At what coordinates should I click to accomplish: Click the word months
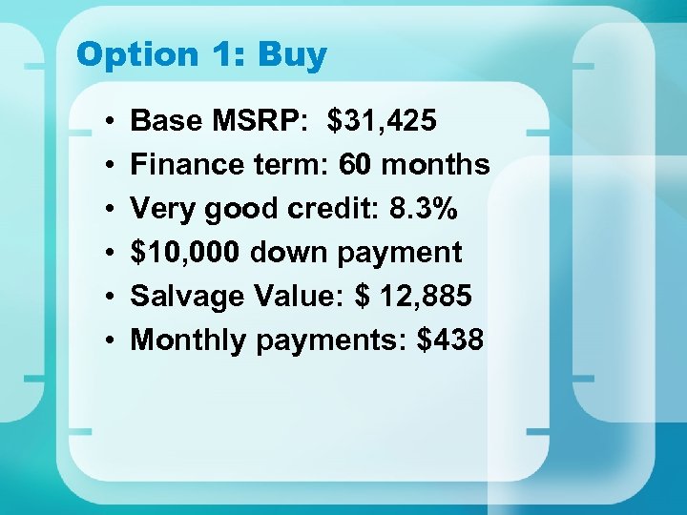436,165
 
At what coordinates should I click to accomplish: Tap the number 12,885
426,297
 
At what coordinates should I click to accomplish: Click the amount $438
451,340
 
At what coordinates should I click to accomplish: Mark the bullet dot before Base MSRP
112,122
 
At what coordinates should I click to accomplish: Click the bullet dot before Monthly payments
112,341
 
